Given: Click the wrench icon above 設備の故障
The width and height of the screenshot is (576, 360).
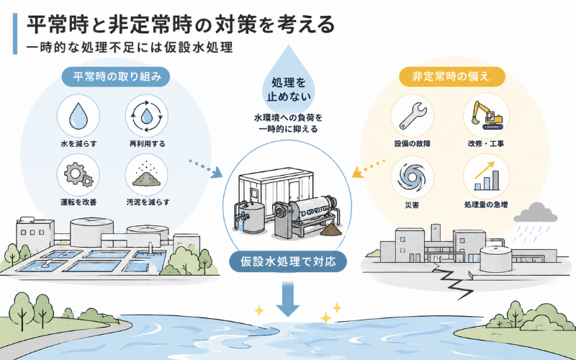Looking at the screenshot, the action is [413, 116].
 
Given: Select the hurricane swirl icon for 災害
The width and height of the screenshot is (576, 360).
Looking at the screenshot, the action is [412, 177].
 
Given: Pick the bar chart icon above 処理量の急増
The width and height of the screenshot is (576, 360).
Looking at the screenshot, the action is [487, 176].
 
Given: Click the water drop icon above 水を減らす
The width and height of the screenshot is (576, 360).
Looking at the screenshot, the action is [78, 116].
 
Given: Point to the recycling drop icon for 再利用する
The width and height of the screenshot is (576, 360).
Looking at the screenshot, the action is [147, 116].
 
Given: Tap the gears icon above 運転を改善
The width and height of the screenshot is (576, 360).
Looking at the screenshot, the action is [78, 175].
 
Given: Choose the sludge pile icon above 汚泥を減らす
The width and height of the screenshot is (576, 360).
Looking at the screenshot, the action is [147, 175].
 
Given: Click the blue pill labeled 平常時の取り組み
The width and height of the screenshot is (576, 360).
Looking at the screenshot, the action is [116, 77].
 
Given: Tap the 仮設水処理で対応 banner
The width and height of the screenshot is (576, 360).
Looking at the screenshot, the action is [289, 261].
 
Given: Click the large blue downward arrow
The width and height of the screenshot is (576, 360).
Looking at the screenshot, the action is [287, 299].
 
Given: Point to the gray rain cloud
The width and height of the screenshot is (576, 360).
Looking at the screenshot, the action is [535, 212].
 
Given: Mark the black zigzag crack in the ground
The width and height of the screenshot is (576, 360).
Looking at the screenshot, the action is [453, 281].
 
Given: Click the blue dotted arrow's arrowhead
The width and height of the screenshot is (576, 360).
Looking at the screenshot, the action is [217, 172].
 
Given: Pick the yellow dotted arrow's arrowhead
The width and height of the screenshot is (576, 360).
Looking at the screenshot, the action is [357, 172].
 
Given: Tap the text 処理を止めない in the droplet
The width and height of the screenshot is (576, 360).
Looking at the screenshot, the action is [289, 89].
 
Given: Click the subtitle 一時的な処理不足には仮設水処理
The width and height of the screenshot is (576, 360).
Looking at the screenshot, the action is [130, 48].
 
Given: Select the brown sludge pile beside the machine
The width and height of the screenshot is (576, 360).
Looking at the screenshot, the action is [331, 230].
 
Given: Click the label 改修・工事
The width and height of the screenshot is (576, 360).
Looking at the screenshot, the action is [485, 143].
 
